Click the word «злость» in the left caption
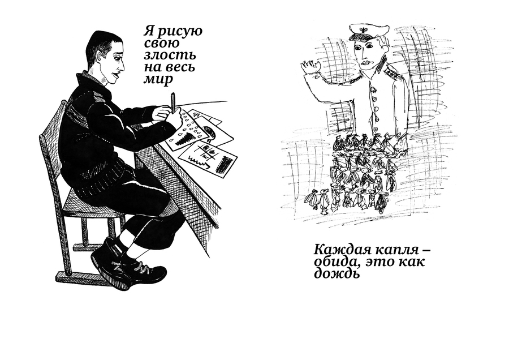pyautogui.click(x=170, y=55)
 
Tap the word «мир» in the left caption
pyautogui.click(x=158, y=79)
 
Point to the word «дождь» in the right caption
pyautogui.click(x=337, y=273)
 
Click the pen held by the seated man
pyautogui.click(x=173, y=102)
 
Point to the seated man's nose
pyautogui.click(x=122, y=67)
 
